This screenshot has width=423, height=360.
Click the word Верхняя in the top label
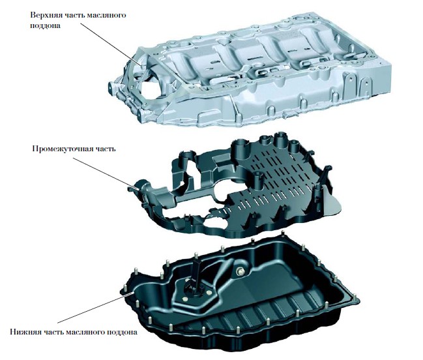(x=46, y=14)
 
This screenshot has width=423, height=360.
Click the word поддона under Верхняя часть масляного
(x=46, y=27)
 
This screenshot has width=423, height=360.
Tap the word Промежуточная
(x=63, y=149)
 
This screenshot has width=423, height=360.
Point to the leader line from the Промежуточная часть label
(x=106, y=174)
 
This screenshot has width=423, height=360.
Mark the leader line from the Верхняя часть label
(x=111, y=44)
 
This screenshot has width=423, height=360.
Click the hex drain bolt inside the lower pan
(x=240, y=271)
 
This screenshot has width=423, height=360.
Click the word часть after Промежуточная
(x=106, y=149)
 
